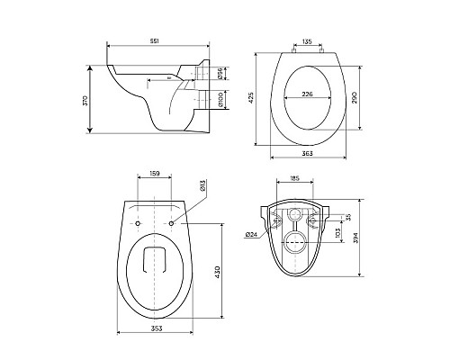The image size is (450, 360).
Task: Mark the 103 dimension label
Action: [x=337, y=232]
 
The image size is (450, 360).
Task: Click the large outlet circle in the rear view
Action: [x=293, y=239]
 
